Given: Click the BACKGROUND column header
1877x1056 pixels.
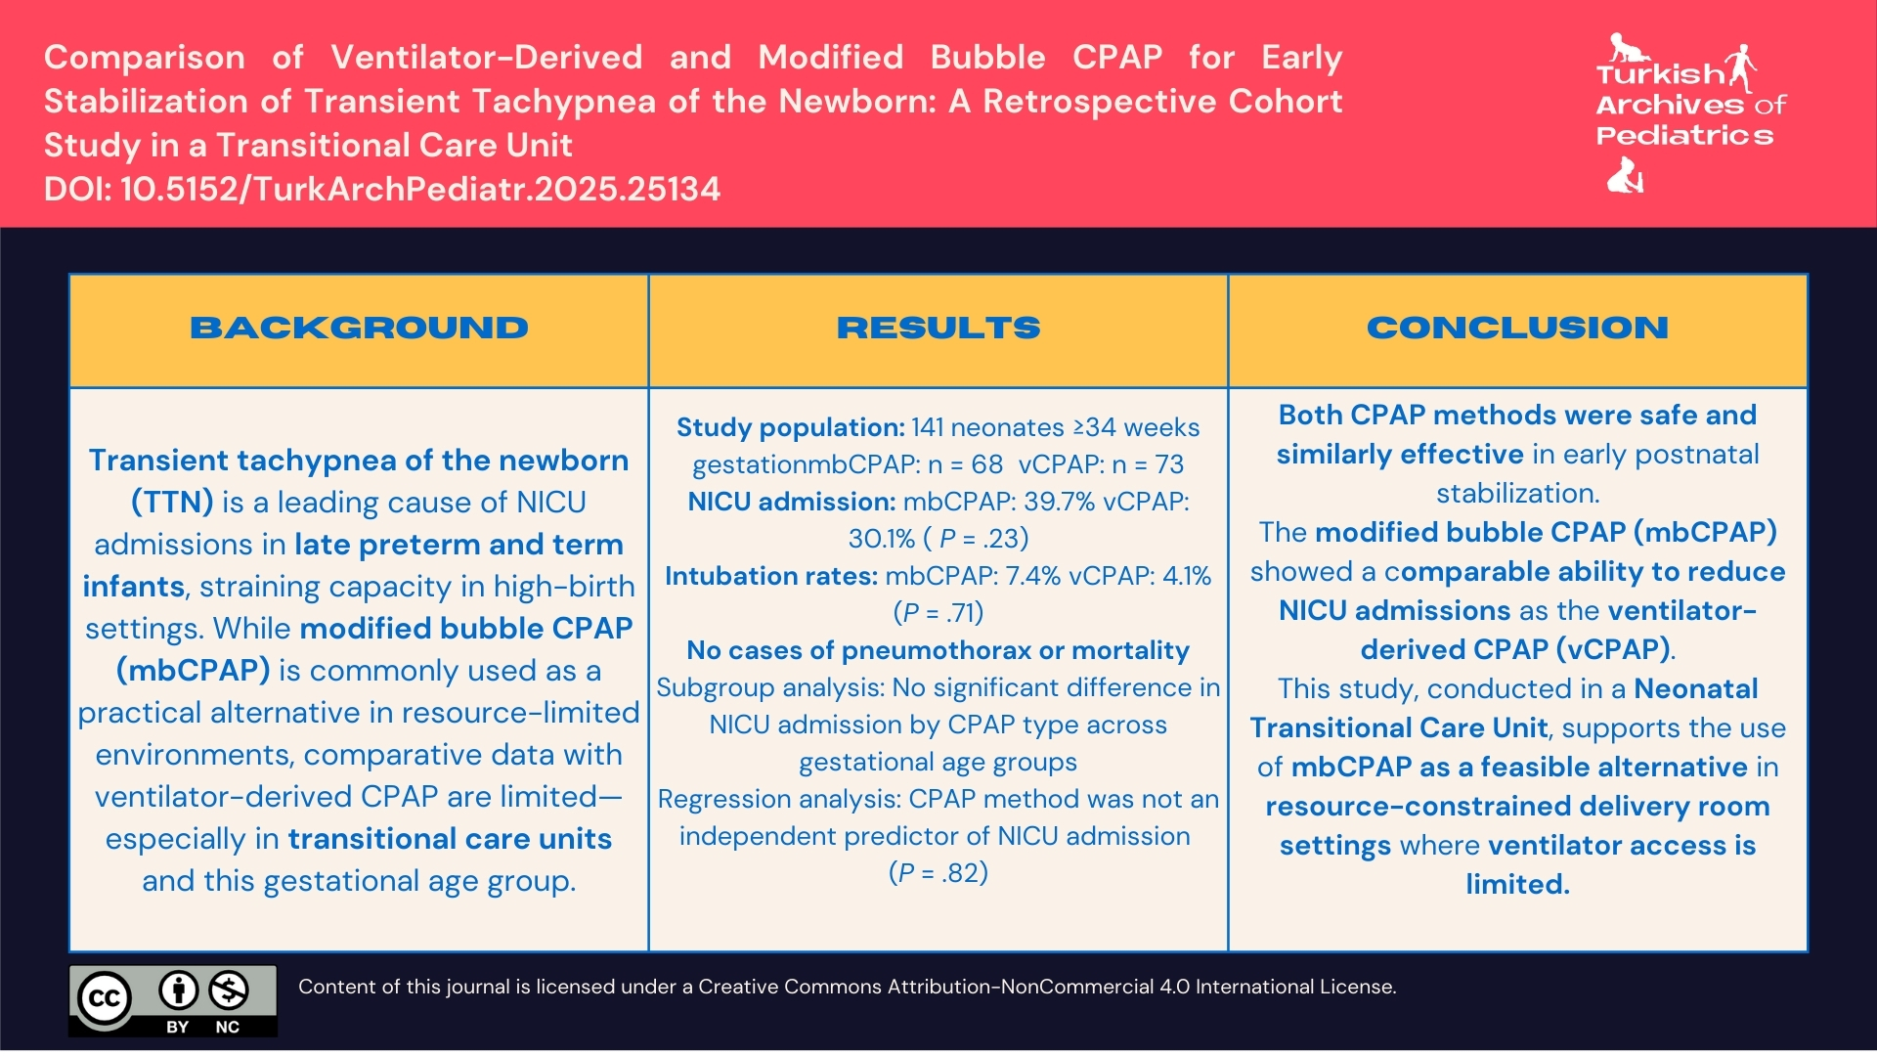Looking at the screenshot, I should [x=359, y=329].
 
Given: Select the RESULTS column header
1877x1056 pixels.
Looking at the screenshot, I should [x=938, y=329].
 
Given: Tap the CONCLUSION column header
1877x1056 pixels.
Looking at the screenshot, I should [x=1517, y=329].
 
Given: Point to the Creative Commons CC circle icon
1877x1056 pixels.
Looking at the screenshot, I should [x=105, y=998].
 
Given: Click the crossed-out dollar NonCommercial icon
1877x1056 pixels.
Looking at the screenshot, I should [x=229, y=990].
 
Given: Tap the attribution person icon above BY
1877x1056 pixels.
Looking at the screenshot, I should [x=178, y=990].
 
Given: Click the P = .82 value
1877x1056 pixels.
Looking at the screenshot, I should [x=938, y=873].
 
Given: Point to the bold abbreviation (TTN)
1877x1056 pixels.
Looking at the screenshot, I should [x=172, y=503].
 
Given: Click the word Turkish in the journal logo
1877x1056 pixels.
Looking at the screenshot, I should [x=1659, y=75].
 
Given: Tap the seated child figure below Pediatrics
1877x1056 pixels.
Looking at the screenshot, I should [x=1625, y=177].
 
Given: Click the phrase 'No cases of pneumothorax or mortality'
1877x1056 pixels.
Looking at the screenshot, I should [x=938, y=650].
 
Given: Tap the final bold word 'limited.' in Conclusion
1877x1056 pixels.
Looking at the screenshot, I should [x=1517, y=885].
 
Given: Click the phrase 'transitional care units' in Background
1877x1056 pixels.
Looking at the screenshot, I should [x=450, y=839].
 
